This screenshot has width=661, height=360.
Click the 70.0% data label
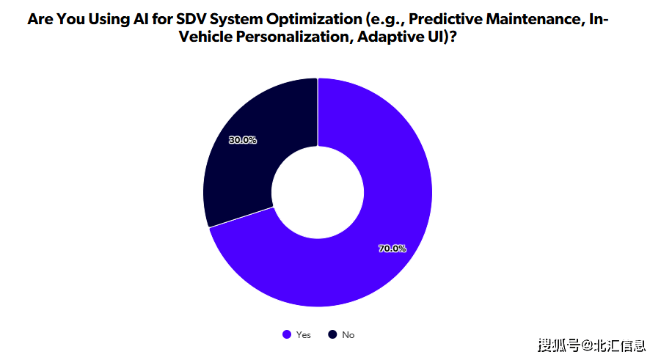392,249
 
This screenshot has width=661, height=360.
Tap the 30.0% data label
242,140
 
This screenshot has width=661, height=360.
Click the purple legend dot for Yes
287,335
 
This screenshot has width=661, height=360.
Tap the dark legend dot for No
332,335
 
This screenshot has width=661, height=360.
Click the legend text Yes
304,335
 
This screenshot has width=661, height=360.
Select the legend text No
348,335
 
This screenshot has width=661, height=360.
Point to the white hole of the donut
318,192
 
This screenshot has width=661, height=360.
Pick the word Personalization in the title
293,37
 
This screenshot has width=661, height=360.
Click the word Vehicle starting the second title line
205,37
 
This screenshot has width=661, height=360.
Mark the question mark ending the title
453,37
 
